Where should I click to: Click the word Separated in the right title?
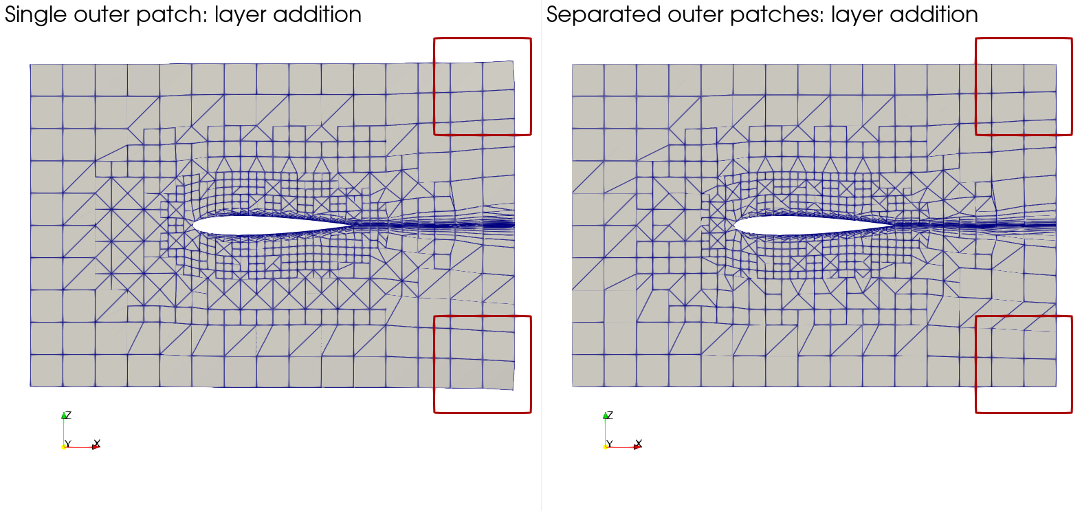coord(604,15)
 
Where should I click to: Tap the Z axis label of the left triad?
coord(69,415)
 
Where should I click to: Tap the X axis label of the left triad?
coord(97,443)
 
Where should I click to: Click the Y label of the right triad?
coord(610,444)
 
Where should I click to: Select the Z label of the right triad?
coord(610,415)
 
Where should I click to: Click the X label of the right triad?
coord(639,443)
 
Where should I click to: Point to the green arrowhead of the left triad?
coord(64,415)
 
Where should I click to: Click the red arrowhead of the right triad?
coord(637,447)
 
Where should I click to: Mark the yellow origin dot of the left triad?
coord(64,447)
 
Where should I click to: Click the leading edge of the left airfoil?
coord(193,226)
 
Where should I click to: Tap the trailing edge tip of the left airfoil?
coord(352,224)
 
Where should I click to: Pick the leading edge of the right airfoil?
coord(735,226)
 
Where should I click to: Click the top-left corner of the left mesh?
coord(30,64)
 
